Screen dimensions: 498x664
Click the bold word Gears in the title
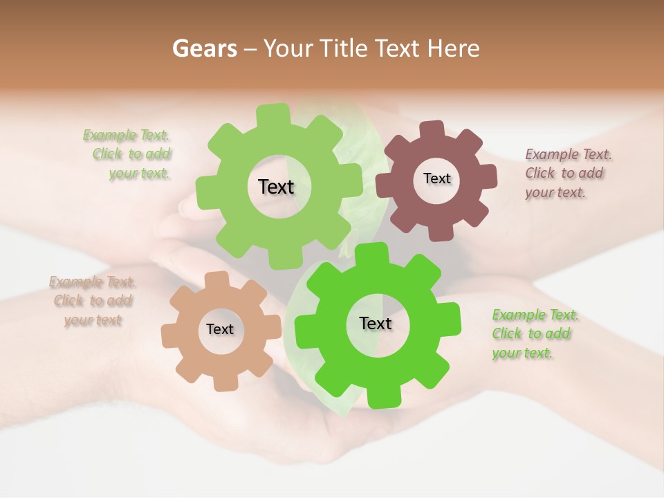[x=205, y=48]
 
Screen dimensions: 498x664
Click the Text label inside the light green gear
[x=276, y=187]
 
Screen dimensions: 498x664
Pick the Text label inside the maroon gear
[x=436, y=178]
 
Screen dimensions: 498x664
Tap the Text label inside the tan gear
[x=220, y=329]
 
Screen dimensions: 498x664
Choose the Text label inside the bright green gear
[x=376, y=323]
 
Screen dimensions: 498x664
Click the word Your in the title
[x=288, y=48]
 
